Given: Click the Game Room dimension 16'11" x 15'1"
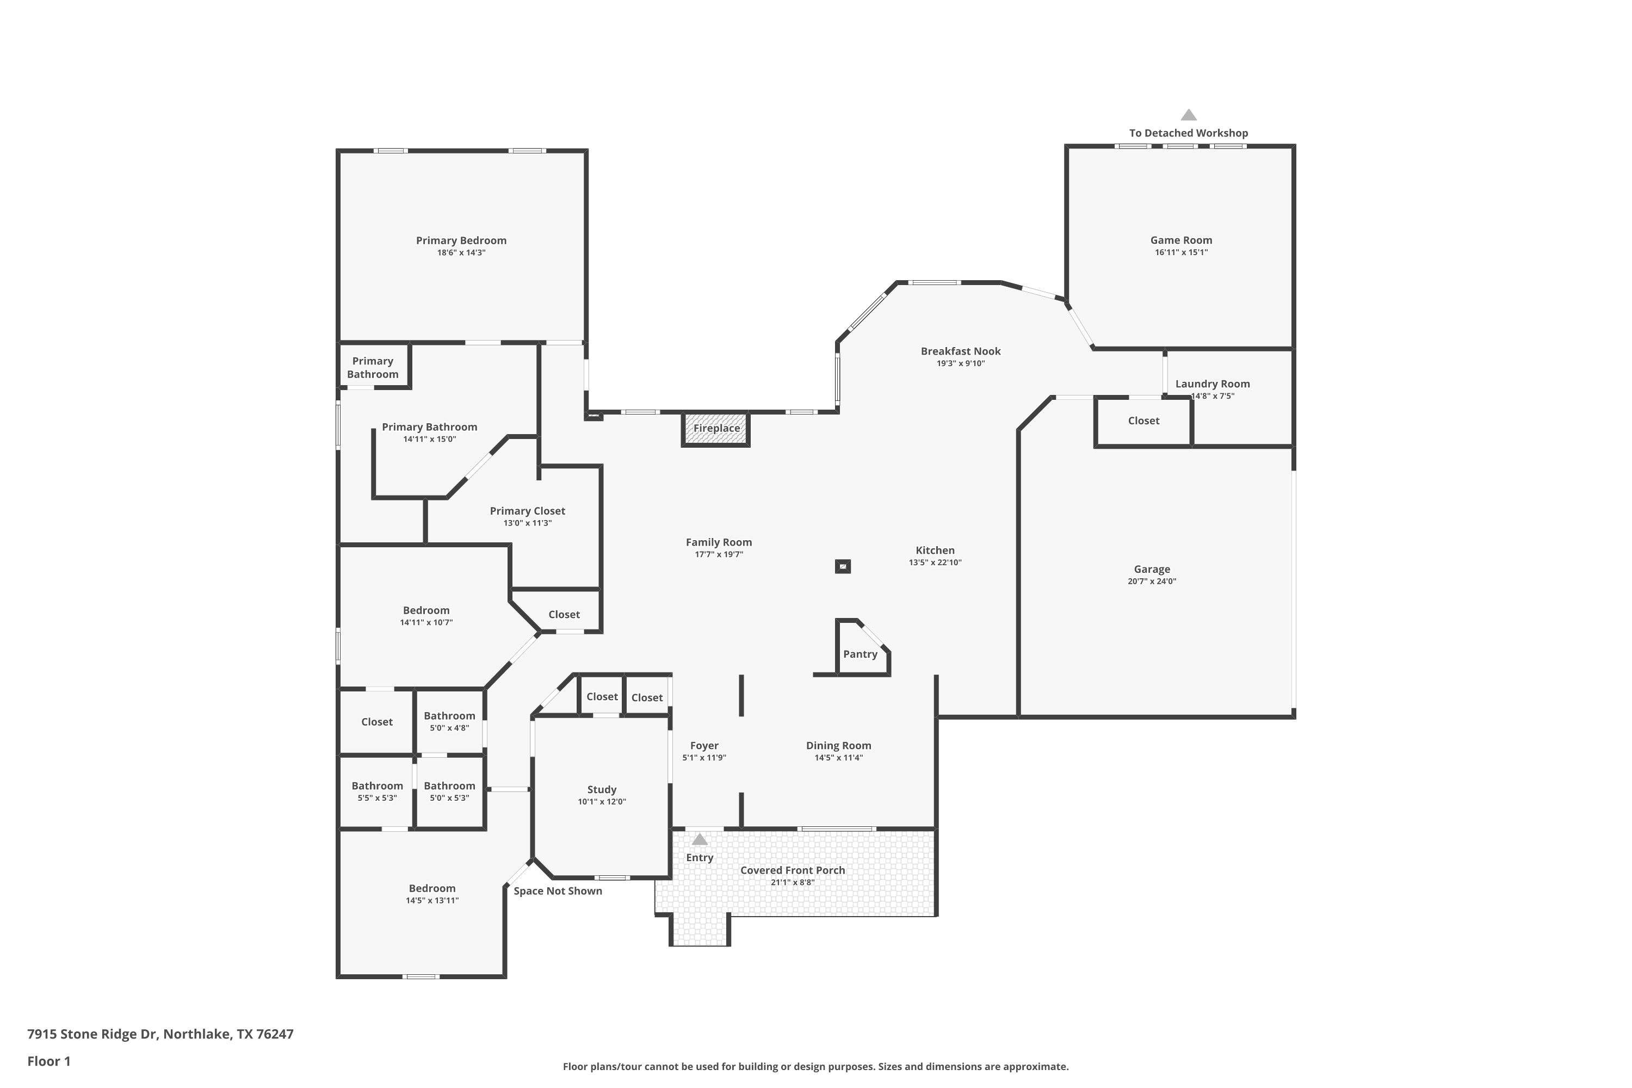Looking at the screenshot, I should (1181, 252).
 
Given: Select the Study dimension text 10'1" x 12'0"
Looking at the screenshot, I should (602, 801).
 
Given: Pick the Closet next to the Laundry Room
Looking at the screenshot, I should (1143, 421).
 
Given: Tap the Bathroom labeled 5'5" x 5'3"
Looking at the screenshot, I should (377, 791).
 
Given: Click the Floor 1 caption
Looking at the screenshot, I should (48, 1061).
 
